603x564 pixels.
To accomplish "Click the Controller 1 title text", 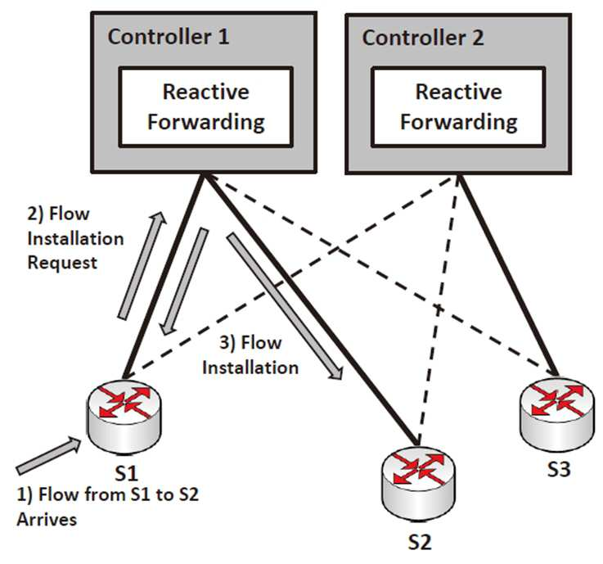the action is (x=169, y=37).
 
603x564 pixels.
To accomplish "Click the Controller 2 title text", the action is (x=423, y=38).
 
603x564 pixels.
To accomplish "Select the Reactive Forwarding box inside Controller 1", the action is (x=206, y=107).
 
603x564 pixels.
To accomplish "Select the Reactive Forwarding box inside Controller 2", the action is (x=458, y=107).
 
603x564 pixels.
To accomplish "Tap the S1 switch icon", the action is (x=124, y=416).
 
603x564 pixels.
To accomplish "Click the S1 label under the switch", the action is (x=127, y=473).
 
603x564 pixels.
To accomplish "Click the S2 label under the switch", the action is (x=420, y=542).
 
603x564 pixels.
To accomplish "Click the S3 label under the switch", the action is (x=559, y=469).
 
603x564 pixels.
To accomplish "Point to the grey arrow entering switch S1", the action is (x=48, y=455).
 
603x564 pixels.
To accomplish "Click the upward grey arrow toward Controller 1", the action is (x=142, y=265).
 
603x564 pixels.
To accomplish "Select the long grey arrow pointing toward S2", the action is (x=285, y=306).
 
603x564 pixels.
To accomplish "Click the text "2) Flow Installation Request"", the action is (x=76, y=238).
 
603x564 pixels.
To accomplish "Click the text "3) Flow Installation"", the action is (x=250, y=354).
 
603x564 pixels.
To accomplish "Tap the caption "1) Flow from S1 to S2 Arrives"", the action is (x=108, y=507).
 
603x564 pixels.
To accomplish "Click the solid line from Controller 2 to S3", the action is (x=508, y=276).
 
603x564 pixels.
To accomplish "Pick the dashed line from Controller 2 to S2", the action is (x=438, y=310).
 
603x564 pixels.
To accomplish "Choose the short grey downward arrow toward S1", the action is (x=184, y=282).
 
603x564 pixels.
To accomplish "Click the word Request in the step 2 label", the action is (x=62, y=263).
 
